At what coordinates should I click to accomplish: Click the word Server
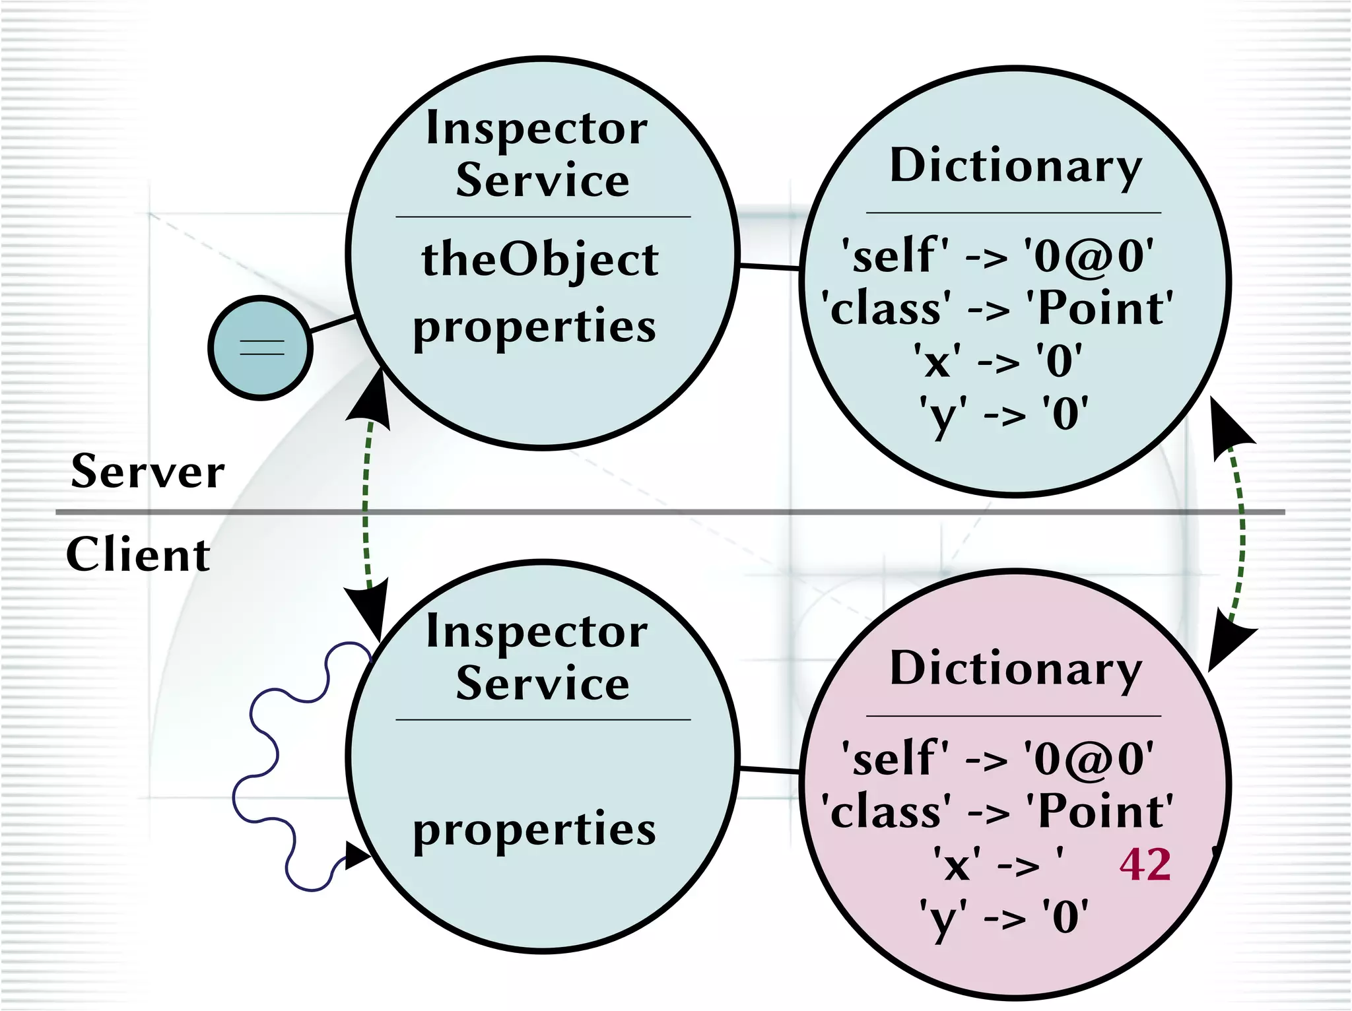point(148,472)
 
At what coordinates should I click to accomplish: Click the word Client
point(138,554)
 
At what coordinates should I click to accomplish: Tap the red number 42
point(1145,864)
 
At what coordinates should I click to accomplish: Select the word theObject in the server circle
point(540,260)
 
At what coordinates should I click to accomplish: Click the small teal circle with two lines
point(261,347)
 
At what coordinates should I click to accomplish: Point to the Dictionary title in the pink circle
point(1015,669)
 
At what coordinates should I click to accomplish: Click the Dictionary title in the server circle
point(1015,166)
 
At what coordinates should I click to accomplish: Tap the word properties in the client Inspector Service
point(535,830)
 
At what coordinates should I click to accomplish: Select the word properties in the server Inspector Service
point(535,326)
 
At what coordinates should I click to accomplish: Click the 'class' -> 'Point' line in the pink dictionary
point(997,812)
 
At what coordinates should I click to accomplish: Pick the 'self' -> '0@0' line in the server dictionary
point(997,255)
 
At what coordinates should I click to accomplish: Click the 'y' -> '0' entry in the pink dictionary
point(1004,917)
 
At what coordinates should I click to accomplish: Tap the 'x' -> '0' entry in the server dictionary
point(997,361)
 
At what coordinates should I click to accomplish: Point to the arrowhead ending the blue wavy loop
point(357,856)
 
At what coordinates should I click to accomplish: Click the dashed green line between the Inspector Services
point(365,508)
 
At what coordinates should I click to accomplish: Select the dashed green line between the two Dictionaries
point(1241,528)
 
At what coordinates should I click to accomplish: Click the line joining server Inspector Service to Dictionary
point(769,267)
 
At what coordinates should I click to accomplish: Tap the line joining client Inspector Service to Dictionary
point(769,770)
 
